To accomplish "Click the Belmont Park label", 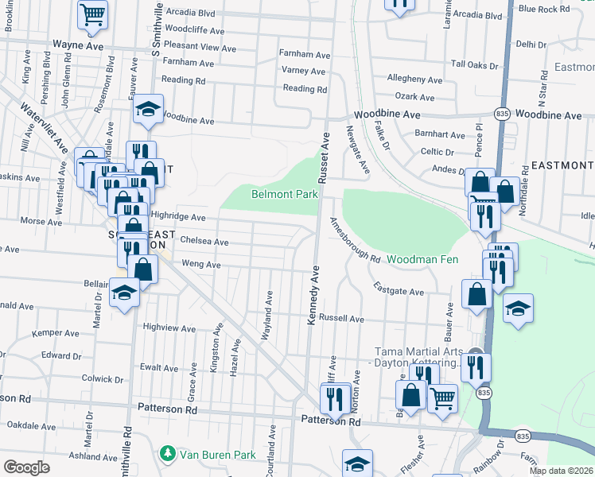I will click(285, 194).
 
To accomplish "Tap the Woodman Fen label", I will click(422, 260).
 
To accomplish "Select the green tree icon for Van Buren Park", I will click(167, 454).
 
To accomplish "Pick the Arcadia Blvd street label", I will click(190, 14).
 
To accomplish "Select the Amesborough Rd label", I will click(355, 240).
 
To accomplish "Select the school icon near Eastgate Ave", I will click(518, 308).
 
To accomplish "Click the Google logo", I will click(26, 467).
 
